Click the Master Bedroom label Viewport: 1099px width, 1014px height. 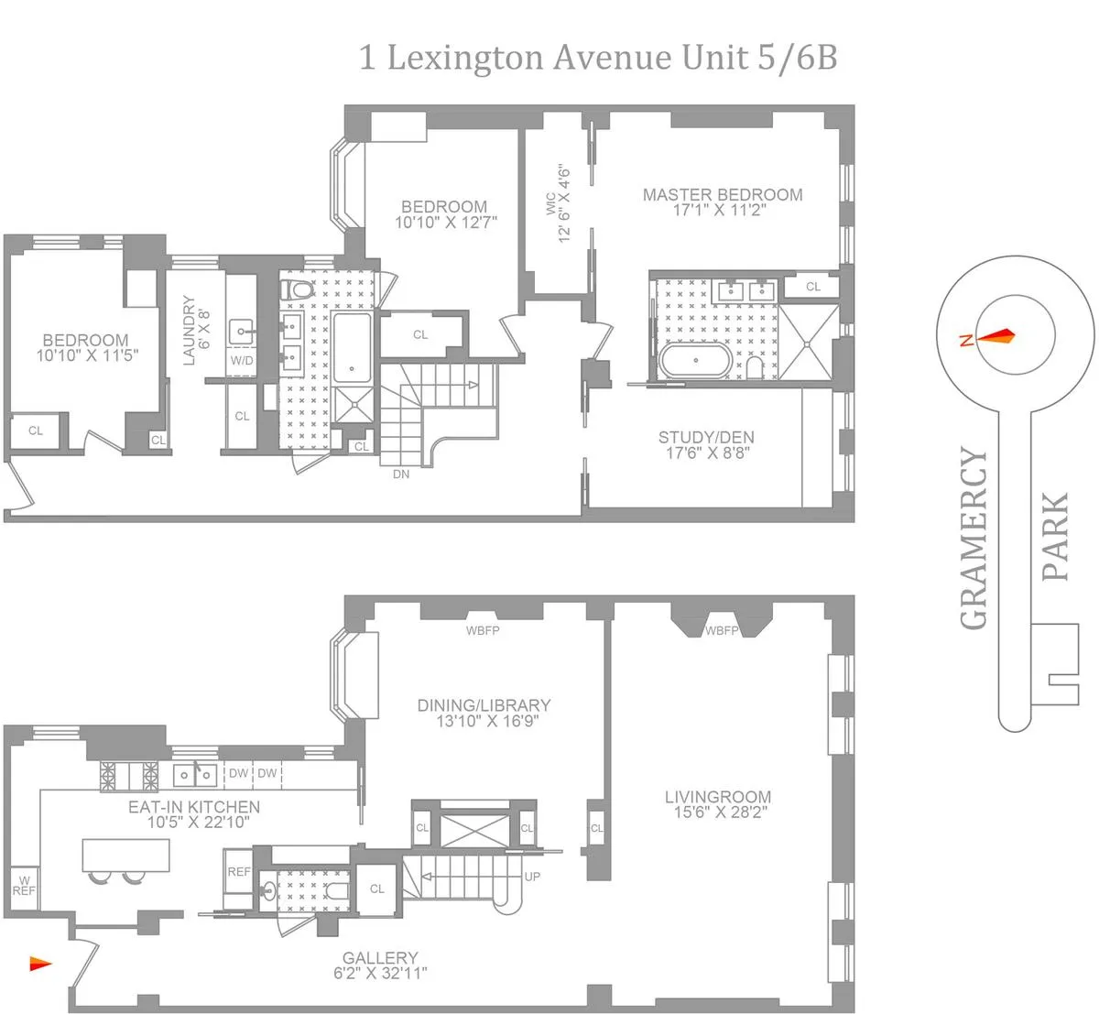[x=722, y=195]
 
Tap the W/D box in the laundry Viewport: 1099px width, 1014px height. [x=242, y=361]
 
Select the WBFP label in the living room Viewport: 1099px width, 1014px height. [x=722, y=631]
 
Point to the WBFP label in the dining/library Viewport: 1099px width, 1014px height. [x=483, y=630]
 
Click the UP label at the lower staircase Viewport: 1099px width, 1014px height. [x=532, y=877]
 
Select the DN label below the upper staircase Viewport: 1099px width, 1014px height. [x=401, y=474]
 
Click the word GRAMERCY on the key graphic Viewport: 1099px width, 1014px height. [x=974, y=539]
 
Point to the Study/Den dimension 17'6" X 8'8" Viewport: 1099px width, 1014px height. [x=706, y=452]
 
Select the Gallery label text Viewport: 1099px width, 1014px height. [x=380, y=958]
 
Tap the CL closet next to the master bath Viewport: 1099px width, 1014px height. [x=813, y=287]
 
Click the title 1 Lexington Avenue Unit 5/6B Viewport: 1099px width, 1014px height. [x=597, y=59]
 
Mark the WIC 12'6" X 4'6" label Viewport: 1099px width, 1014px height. [x=558, y=203]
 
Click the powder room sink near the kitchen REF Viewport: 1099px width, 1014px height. [x=269, y=889]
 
